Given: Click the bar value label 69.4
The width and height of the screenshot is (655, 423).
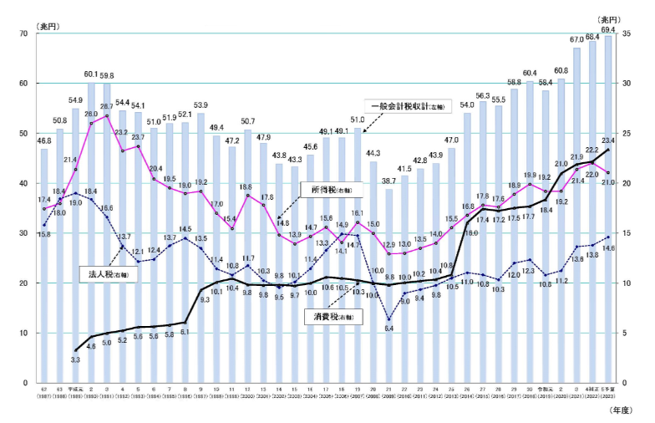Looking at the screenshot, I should (608, 29).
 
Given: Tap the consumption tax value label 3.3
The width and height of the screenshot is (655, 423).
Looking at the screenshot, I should (75, 360).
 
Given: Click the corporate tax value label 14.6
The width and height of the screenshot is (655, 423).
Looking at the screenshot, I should (610, 248).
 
